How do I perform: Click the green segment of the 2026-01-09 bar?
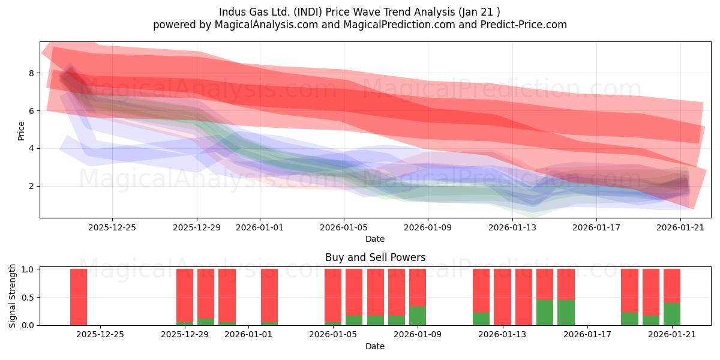tap(418, 316)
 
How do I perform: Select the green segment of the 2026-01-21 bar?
tap(672, 314)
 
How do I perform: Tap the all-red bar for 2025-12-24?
tap(79, 297)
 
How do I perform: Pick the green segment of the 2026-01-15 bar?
tap(545, 313)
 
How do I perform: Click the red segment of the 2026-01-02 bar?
tap(269, 295)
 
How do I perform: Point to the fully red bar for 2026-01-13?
tap(502, 297)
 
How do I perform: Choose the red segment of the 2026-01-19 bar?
tap(629, 290)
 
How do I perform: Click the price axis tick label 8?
tap(31, 73)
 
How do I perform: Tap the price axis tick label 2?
tap(31, 187)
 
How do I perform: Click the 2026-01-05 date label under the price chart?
tap(344, 227)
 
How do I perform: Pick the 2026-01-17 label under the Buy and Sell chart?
tap(587, 335)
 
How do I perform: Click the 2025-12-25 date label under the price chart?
tap(112, 227)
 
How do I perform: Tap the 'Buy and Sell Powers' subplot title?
tap(375, 257)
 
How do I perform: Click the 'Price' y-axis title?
tap(21, 131)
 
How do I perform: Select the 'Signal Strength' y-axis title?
tap(12, 296)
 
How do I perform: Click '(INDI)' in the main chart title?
tap(308, 12)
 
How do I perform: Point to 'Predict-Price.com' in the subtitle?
tap(524, 25)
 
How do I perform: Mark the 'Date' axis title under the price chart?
tap(375, 239)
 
